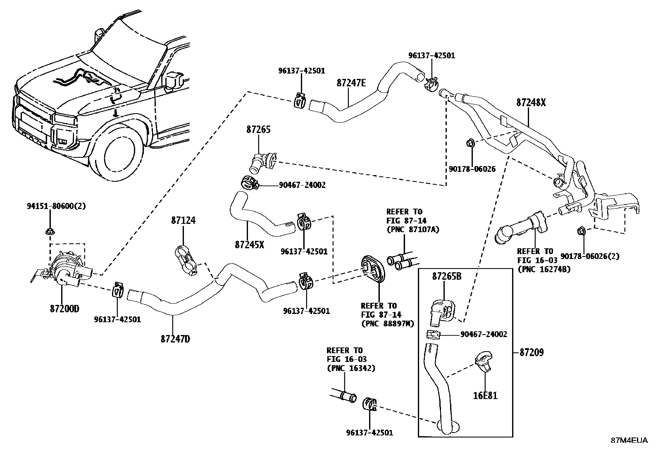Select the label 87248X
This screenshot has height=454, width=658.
coord(531,102)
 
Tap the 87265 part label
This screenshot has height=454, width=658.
coord(258,130)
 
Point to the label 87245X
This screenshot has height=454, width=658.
coord(249,245)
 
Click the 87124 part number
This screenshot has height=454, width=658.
coord(183,221)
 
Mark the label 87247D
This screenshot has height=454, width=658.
coord(175,339)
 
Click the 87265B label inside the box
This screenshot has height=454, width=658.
coord(446,276)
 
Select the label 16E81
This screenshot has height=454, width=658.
coord(485,396)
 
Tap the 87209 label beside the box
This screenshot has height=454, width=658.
coord(532,352)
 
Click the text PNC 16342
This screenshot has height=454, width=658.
coord(351,368)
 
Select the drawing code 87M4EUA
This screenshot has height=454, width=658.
coord(630,440)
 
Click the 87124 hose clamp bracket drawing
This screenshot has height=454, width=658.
coord(186,259)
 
